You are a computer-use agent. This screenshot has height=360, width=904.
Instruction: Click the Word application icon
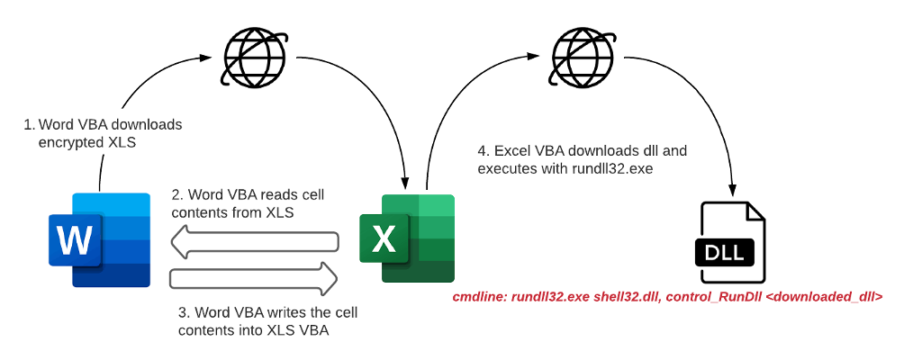pos(100,239)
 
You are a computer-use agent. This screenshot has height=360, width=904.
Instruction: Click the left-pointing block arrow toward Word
pos(257,240)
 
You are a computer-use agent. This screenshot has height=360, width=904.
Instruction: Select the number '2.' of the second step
pos(176,195)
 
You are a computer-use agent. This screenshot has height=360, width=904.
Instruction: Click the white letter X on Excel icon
pos(384,239)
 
